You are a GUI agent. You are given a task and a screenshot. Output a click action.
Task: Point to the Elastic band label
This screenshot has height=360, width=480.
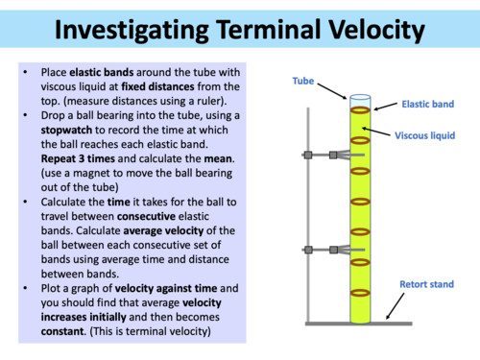point(425,108)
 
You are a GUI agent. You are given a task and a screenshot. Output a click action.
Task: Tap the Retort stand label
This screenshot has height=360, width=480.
point(426,285)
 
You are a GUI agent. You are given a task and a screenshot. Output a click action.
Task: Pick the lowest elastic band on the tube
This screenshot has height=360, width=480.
point(361,293)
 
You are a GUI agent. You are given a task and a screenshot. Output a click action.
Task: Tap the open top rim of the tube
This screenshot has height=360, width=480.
point(361,97)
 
